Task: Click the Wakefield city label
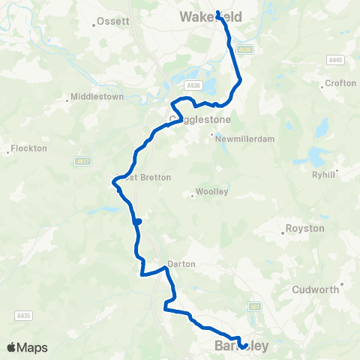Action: click(205, 16)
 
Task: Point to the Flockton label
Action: click(29, 148)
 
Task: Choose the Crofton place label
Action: click(341, 83)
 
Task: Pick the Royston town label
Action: click(305, 228)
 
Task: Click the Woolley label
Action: click(211, 192)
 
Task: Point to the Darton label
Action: click(181, 264)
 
